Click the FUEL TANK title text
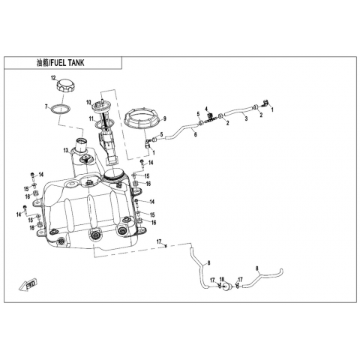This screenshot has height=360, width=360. click(67, 63)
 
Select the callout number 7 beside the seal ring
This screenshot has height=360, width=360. click(46, 107)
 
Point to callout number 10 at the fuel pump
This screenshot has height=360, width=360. click(88, 102)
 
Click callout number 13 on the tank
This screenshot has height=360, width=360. click(66, 151)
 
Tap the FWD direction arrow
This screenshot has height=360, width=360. click(28, 284)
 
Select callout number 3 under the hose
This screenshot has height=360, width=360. click(246, 118)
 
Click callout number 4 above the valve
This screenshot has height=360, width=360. click(206, 109)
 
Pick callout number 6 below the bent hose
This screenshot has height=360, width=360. click(196, 134)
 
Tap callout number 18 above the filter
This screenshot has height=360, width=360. click(222, 279)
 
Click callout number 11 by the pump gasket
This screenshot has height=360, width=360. click(91, 118)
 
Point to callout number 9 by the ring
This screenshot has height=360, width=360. click(165, 118)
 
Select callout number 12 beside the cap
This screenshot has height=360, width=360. click(53, 78)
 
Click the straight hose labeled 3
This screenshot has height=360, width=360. click(238, 111)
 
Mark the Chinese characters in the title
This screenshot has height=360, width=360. click(42, 63)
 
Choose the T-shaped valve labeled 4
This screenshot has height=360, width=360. click(210, 117)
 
